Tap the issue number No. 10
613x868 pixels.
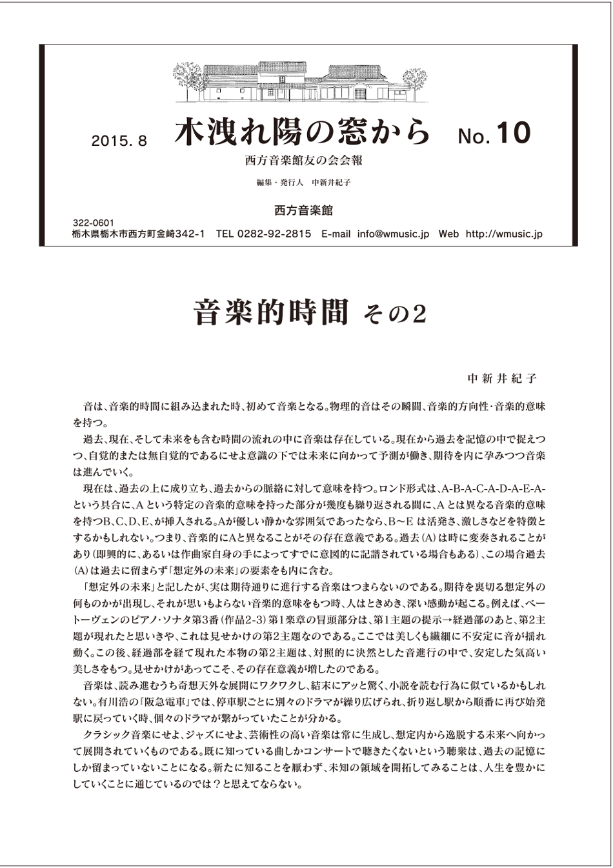coord(494,134)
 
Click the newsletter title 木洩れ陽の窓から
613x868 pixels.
coord(302,132)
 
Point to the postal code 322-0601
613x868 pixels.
coord(94,223)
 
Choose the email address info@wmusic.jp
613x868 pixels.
coord(393,234)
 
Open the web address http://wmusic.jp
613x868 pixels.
coord(503,234)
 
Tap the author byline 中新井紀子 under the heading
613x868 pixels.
coord(501,378)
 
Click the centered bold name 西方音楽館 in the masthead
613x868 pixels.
coord(303,210)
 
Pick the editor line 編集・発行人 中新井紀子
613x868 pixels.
coord(303,183)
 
